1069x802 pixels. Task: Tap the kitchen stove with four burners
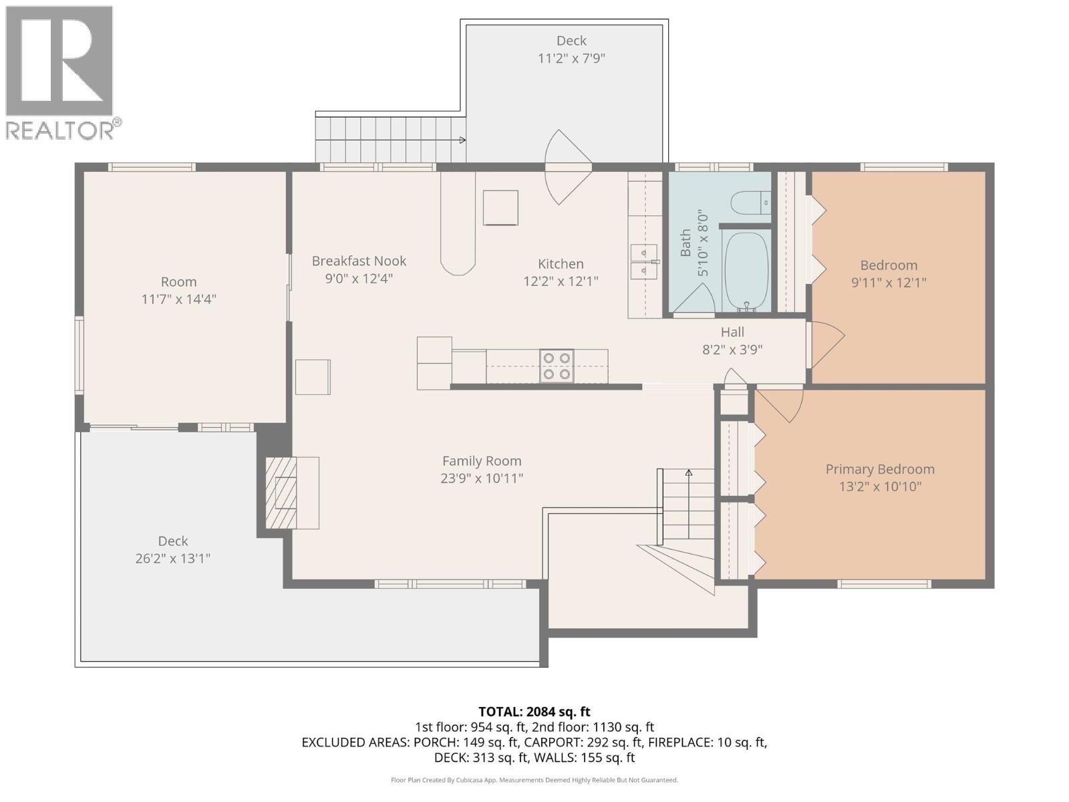pos(557,366)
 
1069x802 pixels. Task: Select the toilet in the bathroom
pos(750,203)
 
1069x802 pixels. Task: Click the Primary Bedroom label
pos(880,469)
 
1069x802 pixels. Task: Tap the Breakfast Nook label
pos(359,261)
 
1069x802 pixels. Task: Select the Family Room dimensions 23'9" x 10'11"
pos(481,479)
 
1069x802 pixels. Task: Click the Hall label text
pos(732,332)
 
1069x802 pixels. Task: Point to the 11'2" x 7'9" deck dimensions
pos(571,58)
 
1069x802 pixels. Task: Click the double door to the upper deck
pos(568,166)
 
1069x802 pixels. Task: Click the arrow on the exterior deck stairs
pos(462,140)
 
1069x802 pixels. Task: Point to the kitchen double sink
pos(643,262)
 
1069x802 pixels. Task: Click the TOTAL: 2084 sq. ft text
pos(534,712)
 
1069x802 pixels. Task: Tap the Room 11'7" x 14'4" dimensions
pos(178,299)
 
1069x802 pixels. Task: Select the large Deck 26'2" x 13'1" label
pos(173,541)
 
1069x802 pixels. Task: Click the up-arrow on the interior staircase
pos(689,474)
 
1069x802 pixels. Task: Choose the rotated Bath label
pos(685,243)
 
